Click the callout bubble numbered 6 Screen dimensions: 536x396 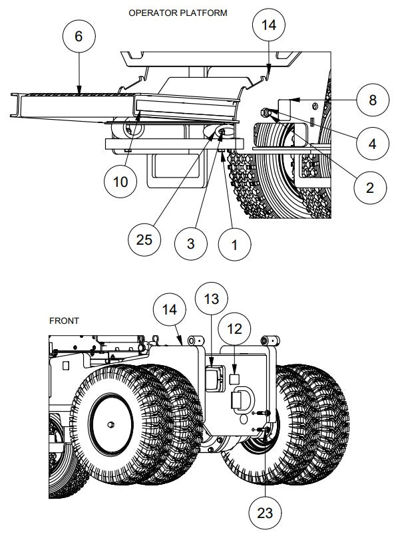pos(79,37)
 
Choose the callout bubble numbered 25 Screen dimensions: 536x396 pos(144,239)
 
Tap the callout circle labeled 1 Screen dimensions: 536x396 pos(234,245)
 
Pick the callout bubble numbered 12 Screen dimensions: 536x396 pos(238,329)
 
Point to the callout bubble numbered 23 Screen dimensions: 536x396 pos(266,512)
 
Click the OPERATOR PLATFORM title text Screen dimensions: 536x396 pos(177,13)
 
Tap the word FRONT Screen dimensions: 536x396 pos(65,321)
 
